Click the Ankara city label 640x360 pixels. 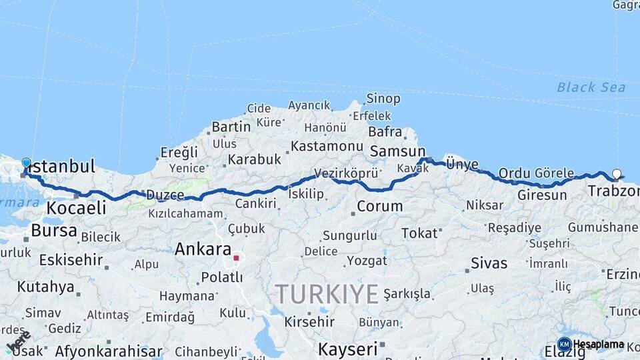coord(202,249)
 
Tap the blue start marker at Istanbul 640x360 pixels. coord(26,163)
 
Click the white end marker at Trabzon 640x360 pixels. coord(617,174)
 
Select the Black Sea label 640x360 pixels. coord(591,87)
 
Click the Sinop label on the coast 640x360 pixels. coord(383,99)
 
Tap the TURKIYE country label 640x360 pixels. coord(327,293)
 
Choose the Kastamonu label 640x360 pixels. coord(327,145)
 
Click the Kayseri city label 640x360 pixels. coord(347,348)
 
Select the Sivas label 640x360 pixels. coord(489,263)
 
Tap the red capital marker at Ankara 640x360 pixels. coord(236,257)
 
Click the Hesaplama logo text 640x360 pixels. coord(599,344)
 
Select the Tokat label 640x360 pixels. coord(419,233)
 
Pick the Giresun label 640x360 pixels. coord(542,195)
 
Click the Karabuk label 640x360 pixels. coord(254,160)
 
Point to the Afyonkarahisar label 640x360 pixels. coord(108,351)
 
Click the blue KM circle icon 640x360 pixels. coord(564,345)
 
